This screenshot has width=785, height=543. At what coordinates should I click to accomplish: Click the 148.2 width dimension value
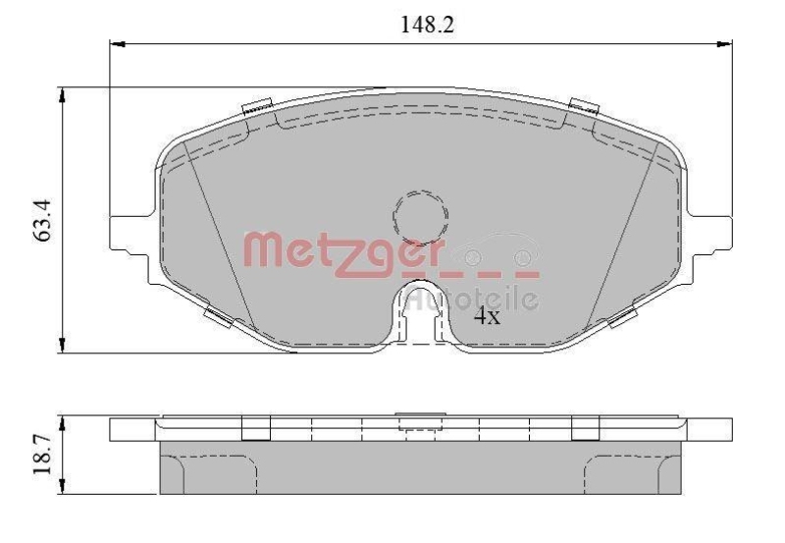425,25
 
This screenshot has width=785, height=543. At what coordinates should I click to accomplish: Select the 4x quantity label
488,316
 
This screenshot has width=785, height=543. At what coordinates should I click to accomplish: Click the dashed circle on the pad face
420,213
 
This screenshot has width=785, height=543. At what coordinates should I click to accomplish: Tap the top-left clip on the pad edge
257,108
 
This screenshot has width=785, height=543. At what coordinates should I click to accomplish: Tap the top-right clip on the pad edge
584,107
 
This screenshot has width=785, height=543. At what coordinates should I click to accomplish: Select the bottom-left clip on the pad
218,318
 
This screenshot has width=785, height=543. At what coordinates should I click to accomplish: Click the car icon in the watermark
500,251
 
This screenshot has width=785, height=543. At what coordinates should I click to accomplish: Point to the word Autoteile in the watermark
473,298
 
